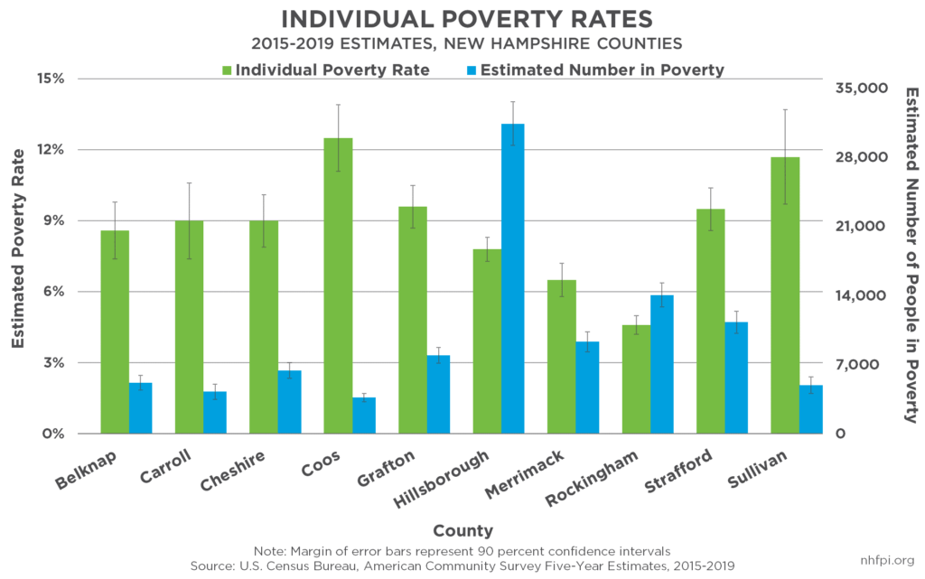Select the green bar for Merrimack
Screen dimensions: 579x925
tap(561, 357)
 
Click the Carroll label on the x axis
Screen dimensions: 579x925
tap(165, 466)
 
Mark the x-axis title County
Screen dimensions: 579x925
tap(462, 530)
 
